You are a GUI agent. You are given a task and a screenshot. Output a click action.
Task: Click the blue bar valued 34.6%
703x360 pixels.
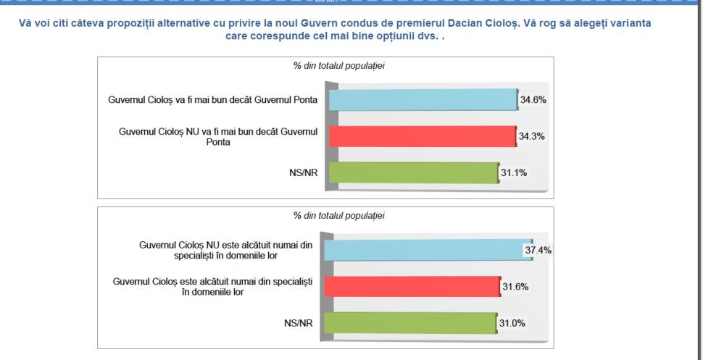(x=423, y=100)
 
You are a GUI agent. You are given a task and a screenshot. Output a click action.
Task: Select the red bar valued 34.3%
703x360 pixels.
(x=422, y=136)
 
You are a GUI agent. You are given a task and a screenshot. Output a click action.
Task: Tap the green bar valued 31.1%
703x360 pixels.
(x=413, y=172)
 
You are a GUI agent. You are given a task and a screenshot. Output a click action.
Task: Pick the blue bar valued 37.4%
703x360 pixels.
(x=428, y=249)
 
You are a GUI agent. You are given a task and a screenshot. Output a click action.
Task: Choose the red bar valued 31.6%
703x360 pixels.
(x=412, y=286)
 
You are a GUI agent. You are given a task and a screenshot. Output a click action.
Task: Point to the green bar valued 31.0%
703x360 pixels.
(x=409, y=322)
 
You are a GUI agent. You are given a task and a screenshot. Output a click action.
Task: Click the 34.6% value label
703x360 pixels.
(x=533, y=100)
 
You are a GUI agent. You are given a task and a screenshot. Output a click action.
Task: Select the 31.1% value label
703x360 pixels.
(x=515, y=172)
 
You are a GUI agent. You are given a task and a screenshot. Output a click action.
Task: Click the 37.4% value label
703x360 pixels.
(x=538, y=251)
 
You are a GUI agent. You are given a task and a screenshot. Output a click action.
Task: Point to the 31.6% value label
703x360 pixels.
(x=515, y=286)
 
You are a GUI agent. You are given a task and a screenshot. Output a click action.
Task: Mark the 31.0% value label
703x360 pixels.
(x=512, y=322)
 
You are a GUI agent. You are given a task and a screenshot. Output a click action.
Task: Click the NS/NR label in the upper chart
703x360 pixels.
(x=305, y=173)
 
